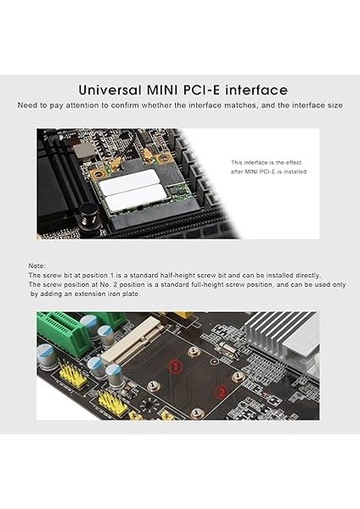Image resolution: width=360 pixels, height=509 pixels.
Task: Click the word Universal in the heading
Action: [x=109, y=90]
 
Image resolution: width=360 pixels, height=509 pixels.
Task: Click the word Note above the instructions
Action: [x=37, y=266]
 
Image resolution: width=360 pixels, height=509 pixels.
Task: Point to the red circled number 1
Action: [x=175, y=366]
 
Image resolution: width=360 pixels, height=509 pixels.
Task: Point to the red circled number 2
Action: [x=221, y=392]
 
